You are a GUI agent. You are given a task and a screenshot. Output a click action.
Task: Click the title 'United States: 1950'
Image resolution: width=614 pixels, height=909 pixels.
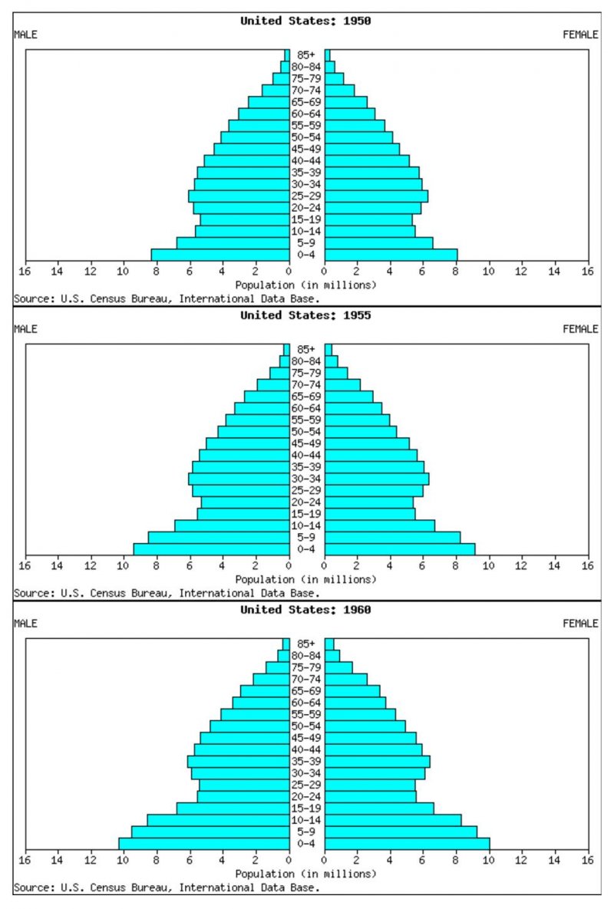305,21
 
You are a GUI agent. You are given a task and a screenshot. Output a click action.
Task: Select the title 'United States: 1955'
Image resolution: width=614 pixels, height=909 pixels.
305,315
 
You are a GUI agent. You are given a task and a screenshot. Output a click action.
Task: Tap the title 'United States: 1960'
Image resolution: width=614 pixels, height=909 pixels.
305,610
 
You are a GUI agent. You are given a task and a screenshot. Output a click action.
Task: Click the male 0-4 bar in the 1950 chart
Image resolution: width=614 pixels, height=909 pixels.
220,255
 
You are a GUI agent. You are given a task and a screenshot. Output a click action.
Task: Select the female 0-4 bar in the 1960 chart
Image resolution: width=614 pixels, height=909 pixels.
407,844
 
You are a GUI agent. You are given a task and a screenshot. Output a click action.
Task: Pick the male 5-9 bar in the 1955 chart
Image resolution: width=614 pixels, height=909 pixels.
218,538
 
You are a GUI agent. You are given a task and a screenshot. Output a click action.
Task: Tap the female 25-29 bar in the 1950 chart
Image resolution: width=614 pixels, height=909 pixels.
376,196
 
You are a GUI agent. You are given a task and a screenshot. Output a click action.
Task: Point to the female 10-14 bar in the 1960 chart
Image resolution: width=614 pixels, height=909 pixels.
393,820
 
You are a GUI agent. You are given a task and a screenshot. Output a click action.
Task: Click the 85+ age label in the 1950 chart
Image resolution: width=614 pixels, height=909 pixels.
307,55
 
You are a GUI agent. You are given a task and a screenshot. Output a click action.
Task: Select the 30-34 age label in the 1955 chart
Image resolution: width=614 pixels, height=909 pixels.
307,479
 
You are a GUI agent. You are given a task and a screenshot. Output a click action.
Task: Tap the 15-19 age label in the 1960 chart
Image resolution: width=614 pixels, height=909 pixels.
307,809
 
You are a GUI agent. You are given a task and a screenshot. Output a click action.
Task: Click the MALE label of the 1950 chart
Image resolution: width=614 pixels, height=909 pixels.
25,35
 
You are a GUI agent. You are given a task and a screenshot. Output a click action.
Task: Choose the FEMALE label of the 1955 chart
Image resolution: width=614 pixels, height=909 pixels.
580,329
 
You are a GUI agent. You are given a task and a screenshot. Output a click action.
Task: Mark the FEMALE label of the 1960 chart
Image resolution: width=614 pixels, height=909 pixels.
580,624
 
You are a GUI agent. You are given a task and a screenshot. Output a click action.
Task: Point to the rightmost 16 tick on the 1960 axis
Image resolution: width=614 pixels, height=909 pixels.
588,861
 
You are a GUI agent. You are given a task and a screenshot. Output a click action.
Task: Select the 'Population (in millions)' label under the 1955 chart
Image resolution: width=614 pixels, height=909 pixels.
305,579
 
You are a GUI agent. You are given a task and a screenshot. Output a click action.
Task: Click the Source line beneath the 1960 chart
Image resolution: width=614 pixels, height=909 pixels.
166,888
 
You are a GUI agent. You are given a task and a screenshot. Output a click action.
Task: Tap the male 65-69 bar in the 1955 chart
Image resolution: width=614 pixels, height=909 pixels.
266,397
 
